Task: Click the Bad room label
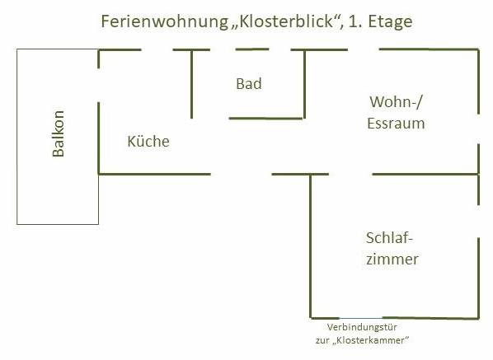click(249, 84)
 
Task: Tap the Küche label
click(148, 141)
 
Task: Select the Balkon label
click(59, 133)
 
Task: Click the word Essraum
click(396, 123)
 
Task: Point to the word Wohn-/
click(397, 102)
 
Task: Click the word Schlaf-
click(389, 238)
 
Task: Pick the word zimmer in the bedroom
click(392, 259)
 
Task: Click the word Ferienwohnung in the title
click(164, 21)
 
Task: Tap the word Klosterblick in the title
click(286, 21)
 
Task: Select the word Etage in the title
click(390, 22)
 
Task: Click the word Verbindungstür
click(362, 327)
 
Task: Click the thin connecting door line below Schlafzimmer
click(360, 318)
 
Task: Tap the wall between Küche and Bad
click(192, 84)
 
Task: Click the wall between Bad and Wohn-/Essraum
click(305, 84)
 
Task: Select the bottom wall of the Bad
click(265, 119)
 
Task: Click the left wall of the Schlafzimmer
click(311, 246)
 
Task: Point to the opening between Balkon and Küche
click(99, 85)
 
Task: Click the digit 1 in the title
click(354, 21)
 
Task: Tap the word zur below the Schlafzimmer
click(322, 340)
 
